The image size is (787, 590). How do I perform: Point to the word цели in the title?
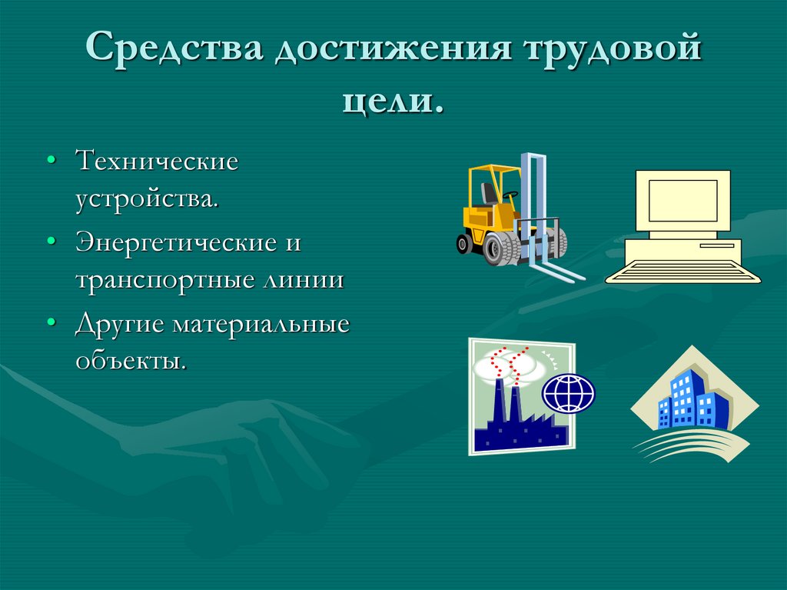(x=388, y=102)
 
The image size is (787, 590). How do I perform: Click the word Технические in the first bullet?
(x=157, y=162)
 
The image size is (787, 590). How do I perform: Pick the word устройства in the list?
(x=146, y=199)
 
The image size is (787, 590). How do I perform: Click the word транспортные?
(x=159, y=279)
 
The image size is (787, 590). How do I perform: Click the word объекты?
(x=131, y=361)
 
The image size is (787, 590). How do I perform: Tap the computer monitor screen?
(x=682, y=199)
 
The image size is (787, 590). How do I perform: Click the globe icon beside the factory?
(x=569, y=393)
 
